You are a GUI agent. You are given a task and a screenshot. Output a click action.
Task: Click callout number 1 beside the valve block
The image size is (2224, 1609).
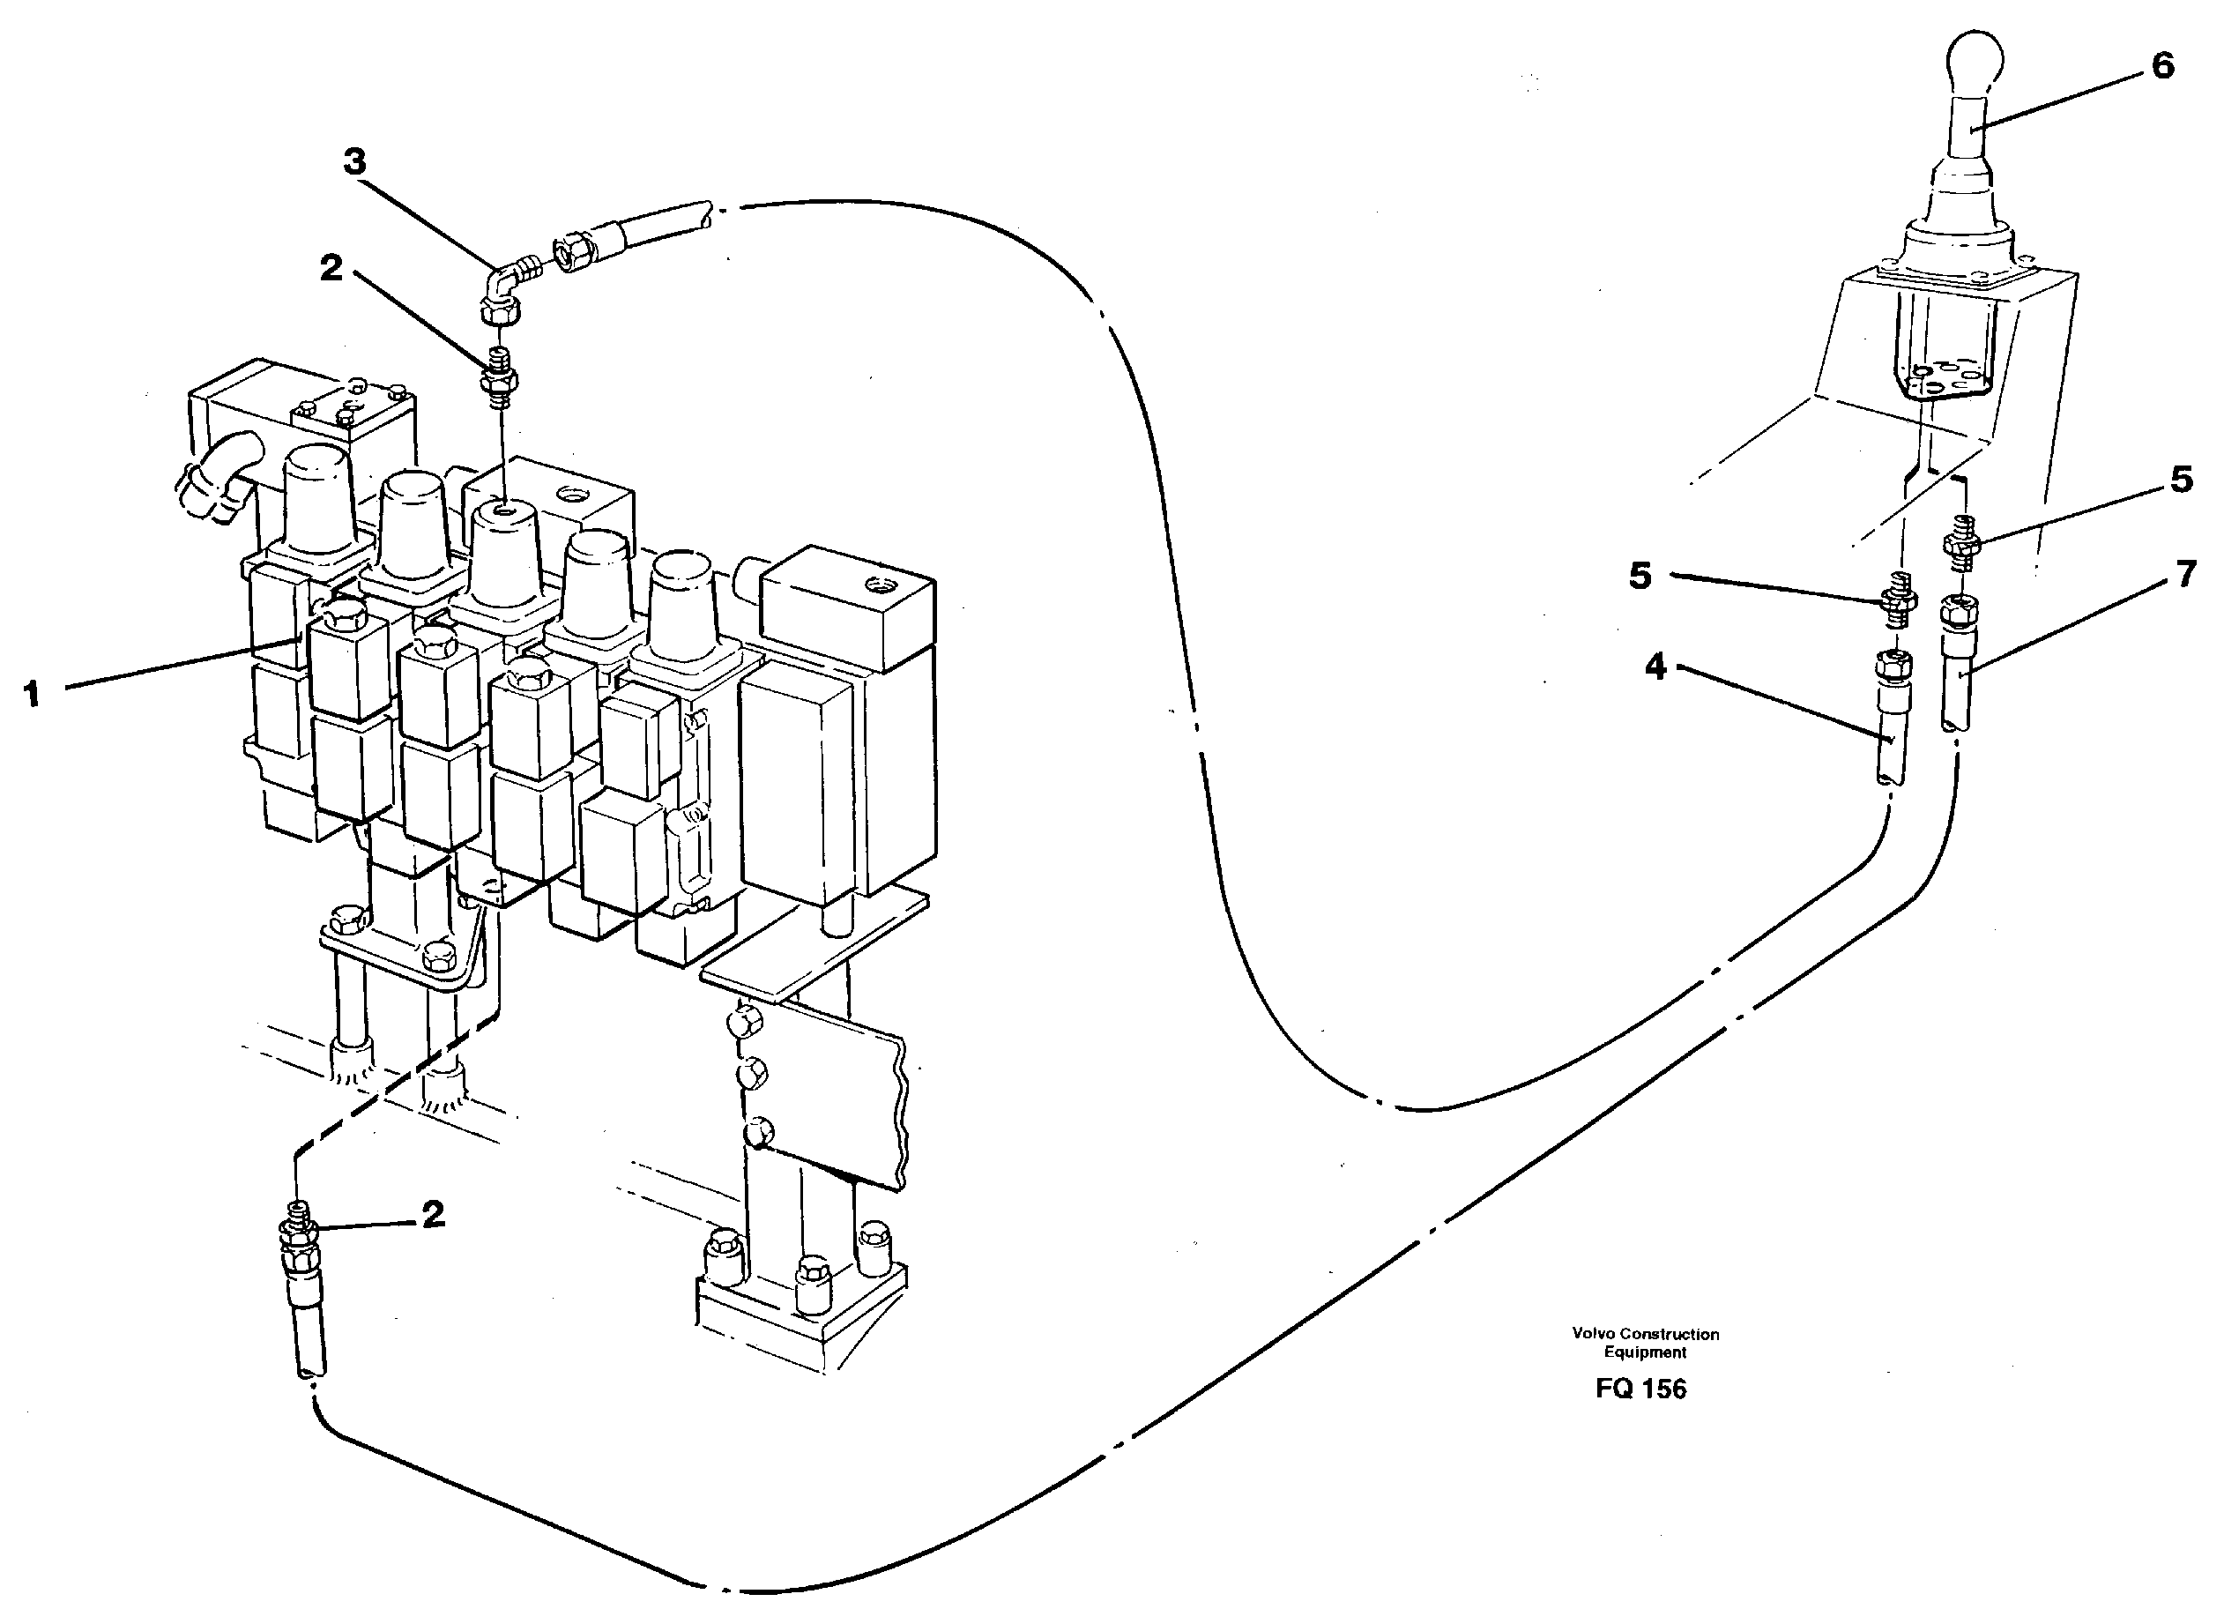(x=33, y=695)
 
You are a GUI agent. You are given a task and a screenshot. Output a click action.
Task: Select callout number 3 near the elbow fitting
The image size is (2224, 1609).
(x=354, y=162)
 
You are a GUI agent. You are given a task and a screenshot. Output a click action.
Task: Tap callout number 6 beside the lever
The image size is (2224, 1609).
(x=2162, y=66)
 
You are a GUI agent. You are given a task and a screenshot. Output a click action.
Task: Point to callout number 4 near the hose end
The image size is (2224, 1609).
(x=1655, y=667)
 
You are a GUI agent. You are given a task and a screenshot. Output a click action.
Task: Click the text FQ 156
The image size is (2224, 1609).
(x=1640, y=1389)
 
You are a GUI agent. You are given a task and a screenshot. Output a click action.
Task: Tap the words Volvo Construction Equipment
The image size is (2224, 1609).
(x=1645, y=1343)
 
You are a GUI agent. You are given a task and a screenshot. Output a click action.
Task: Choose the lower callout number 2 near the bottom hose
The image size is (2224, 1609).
(x=433, y=1214)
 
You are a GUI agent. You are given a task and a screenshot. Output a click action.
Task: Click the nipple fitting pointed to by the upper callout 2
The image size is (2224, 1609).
(x=498, y=375)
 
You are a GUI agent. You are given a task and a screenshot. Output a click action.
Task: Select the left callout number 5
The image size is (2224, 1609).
(x=1640, y=576)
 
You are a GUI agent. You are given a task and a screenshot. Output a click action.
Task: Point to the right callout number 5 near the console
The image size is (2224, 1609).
(x=2181, y=480)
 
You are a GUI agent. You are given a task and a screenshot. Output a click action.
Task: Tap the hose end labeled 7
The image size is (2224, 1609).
(x=1957, y=667)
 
